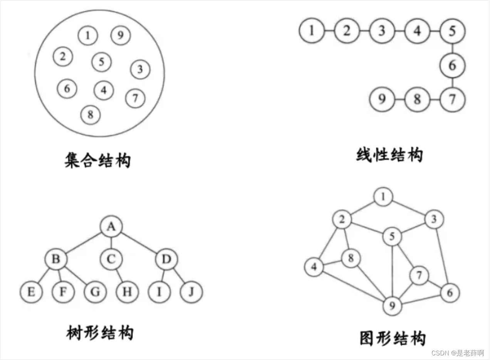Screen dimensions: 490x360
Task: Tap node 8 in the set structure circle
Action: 91,114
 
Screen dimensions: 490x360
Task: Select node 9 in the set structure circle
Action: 121,36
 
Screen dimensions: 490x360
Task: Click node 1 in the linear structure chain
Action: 312,30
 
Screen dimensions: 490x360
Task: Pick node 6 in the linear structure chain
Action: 452,66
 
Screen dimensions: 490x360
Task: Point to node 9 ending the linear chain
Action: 382,99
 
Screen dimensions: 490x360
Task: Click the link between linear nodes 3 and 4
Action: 399,30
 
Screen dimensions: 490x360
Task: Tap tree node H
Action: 128,292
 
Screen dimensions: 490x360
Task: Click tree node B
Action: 56,259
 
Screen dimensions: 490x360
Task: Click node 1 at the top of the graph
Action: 383,197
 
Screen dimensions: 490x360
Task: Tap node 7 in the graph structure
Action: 419,276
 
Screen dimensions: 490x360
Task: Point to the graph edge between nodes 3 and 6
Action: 441,256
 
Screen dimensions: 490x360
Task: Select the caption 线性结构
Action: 389,155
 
